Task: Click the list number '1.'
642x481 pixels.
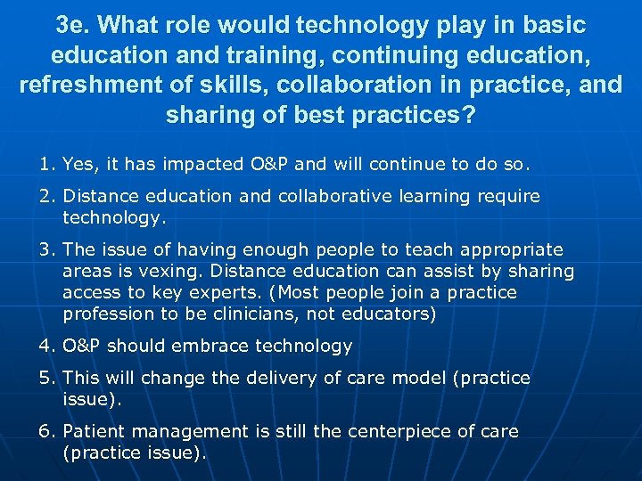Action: (47, 164)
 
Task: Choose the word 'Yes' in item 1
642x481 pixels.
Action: (80, 164)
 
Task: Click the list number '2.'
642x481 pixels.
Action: (47, 196)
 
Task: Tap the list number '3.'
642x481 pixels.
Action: (47, 249)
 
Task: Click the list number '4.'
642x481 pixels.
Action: (47, 346)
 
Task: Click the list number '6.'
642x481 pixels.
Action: (47, 431)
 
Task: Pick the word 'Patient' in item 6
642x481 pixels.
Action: (95, 431)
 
